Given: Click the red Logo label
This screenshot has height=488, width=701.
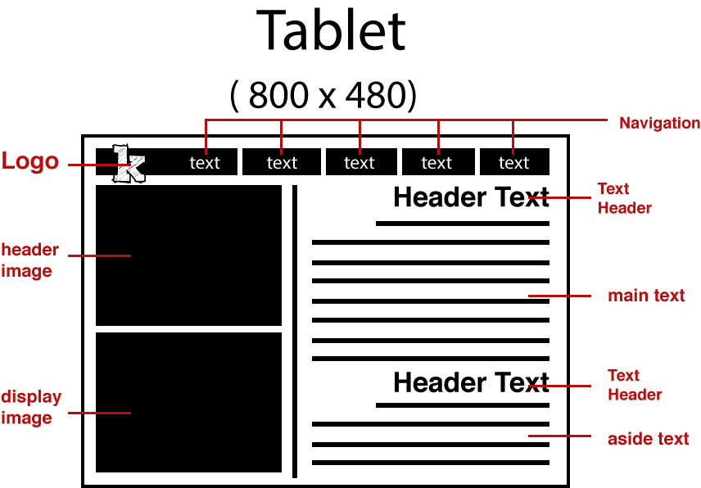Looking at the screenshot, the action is click(x=30, y=161).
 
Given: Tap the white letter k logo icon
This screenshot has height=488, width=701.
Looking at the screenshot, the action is click(x=129, y=164).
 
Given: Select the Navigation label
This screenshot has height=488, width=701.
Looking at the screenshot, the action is click(x=659, y=124).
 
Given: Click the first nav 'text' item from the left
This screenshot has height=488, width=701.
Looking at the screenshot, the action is click(x=205, y=163).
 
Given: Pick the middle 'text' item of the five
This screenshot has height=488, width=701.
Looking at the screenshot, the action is click(x=360, y=163).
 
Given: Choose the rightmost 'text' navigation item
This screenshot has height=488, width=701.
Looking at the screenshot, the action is click(x=514, y=163).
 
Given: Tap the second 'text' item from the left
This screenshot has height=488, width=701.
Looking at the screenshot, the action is click(x=282, y=163).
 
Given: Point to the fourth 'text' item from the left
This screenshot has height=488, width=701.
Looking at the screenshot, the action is click(x=436, y=163).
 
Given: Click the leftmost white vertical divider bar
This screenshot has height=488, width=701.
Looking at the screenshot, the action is click(x=240, y=161).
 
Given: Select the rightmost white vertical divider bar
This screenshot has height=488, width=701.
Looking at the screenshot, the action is click(x=477, y=161).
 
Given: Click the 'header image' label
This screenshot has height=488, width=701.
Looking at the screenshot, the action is click(x=29, y=260).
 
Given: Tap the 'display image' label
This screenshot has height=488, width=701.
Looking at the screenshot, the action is click(x=31, y=408).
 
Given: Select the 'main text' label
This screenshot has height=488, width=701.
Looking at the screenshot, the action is click(x=646, y=296).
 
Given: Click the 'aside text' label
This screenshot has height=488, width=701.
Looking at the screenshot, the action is click(x=648, y=439).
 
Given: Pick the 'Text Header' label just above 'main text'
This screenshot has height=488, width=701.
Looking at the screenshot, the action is click(x=624, y=199).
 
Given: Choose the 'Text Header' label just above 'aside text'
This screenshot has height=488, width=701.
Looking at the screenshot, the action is click(x=635, y=385).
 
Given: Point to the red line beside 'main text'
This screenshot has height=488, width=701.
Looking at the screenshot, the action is click(x=559, y=296).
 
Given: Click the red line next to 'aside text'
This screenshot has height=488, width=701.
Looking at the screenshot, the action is click(x=559, y=436).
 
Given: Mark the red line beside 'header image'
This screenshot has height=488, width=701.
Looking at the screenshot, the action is click(x=99, y=255).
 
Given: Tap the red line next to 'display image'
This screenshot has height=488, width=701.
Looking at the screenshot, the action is click(x=99, y=413).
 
